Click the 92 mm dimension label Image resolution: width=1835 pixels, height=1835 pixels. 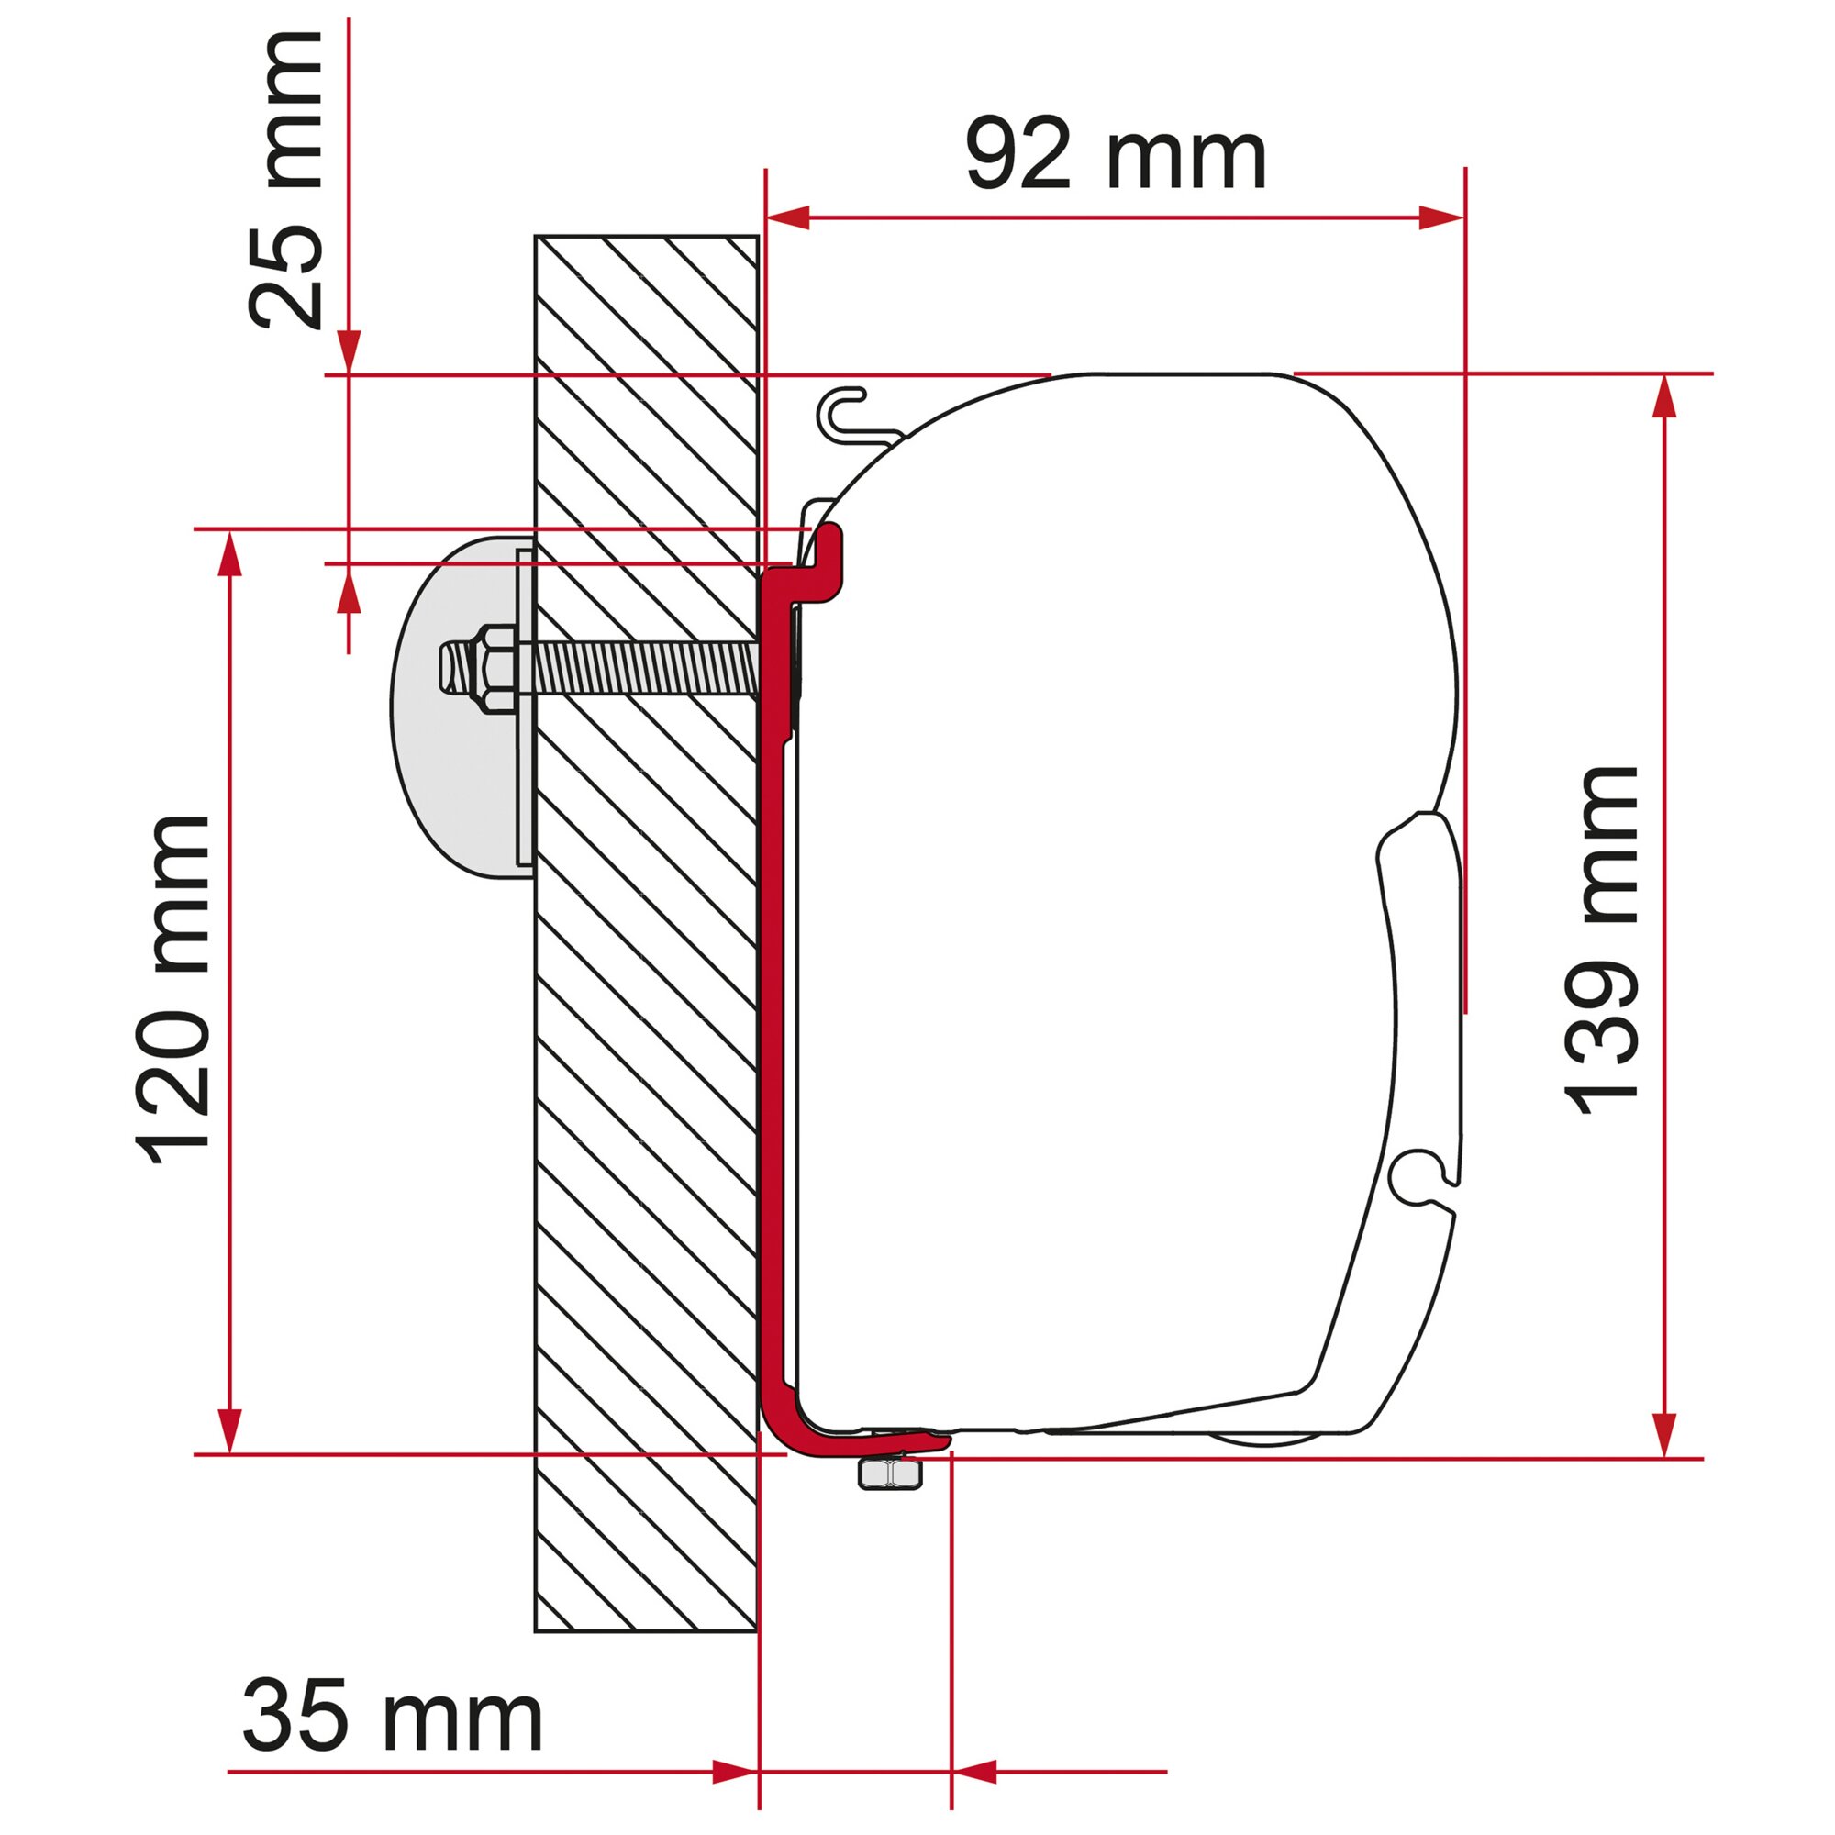coord(1115,154)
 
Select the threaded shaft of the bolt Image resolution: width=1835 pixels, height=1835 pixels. coord(646,671)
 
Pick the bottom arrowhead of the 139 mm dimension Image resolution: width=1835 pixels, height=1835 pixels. coord(1663,1434)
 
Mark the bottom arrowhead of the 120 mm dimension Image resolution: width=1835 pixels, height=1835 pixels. coord(228,1430)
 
